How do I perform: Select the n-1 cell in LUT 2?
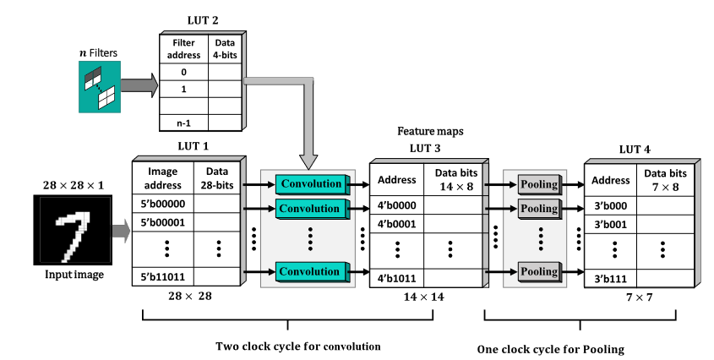point(183,123)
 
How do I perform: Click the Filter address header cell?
point(183,48)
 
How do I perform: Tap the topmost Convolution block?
point(310,183)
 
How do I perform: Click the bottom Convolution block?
point(310,271)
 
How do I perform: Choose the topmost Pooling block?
point(539,184)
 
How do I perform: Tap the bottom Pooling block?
point(539,271)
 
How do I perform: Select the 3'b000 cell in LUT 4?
point(610,205)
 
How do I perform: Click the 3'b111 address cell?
point(610,278)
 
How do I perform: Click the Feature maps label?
point(429,133)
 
